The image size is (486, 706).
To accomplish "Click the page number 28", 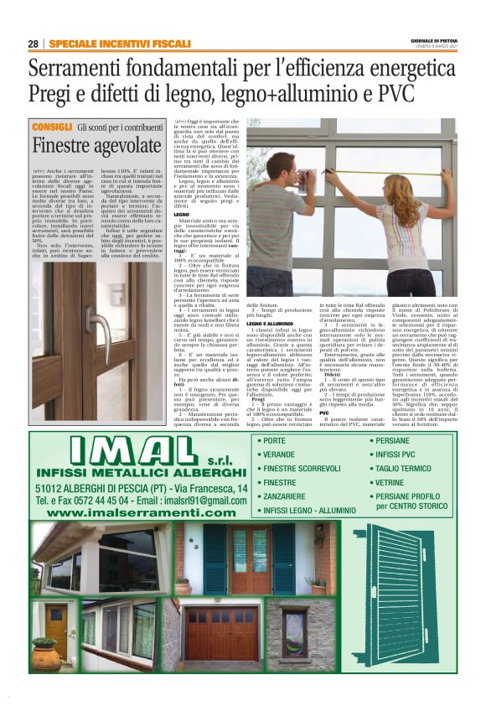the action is pos(33,44).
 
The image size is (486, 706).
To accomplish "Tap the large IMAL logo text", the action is pos(126,454).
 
